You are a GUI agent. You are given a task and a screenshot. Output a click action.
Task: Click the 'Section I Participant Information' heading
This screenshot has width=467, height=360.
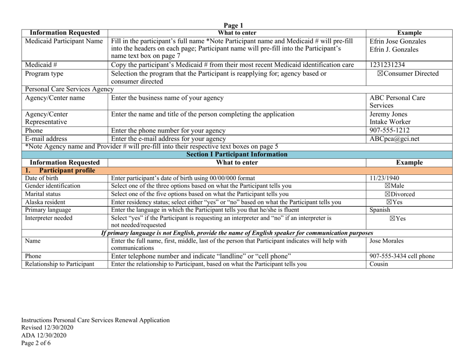tap(233, 156)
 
